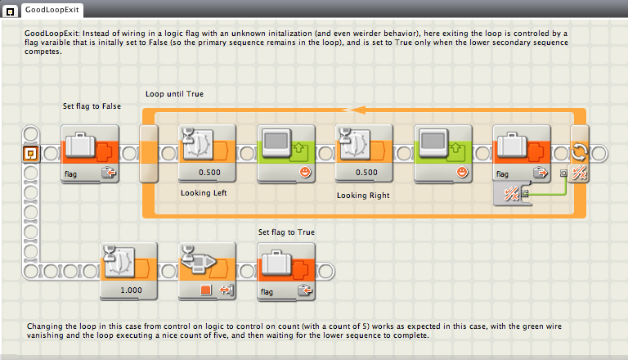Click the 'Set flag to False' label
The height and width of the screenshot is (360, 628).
(92, 107)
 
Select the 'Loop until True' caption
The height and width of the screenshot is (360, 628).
(174, 94)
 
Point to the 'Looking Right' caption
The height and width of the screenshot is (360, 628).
(363, 196)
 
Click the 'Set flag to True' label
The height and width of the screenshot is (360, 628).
(286, 232)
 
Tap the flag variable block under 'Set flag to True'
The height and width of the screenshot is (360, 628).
(286, 271)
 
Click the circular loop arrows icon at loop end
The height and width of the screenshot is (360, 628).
(579, 152)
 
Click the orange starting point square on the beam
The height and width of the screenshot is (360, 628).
(31, 153)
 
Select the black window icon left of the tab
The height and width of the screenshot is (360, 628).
(9, 9)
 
